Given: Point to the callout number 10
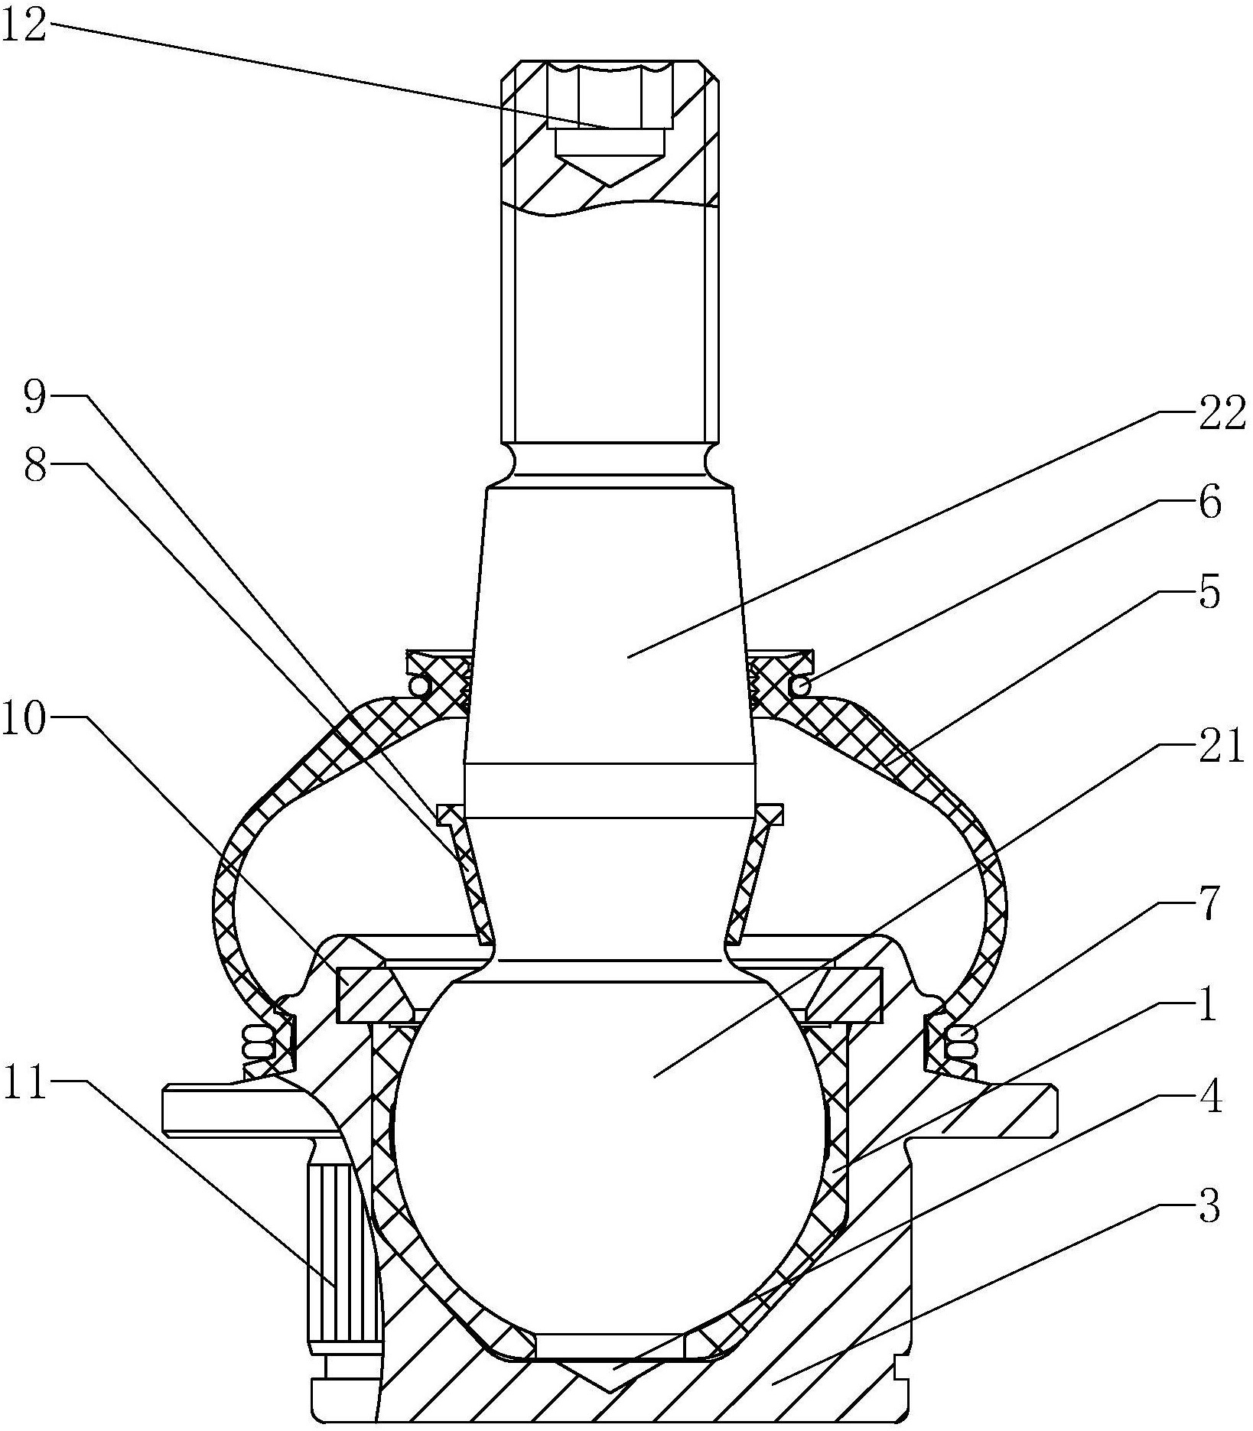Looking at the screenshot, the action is pyautogui.click(x=24, y=720).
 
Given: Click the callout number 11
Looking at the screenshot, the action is pyautogui.click(x=24, y=1084).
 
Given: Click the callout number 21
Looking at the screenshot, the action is pyautogui.click(x=1222, y=747).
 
